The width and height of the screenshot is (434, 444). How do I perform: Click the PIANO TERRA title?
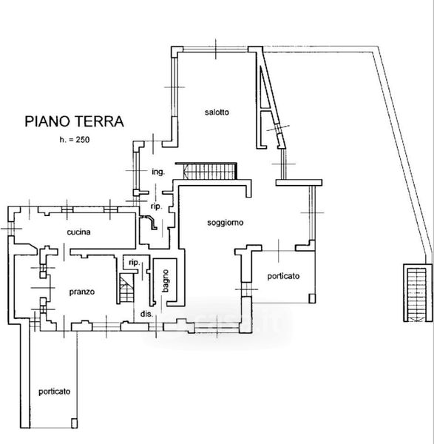(x=74, y=121)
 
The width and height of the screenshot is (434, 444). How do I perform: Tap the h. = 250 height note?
(x=75, y=140)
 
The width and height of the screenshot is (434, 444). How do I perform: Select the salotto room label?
(x=217, y=112)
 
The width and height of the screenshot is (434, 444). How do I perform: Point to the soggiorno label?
(x=226, y=223)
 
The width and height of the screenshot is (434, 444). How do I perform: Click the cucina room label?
(x=78, y=232)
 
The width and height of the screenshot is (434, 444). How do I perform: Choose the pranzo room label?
(x=82, y=292)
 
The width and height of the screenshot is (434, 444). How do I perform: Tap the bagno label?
(x=166, y=281)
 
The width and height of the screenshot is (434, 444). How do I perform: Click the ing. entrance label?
(x=158, y=172)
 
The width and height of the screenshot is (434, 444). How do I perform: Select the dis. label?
(x=146, y=314)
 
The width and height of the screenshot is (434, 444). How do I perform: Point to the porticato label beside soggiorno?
(x=283, y=276)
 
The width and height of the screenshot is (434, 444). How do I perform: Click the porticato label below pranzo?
(x=54, y=391)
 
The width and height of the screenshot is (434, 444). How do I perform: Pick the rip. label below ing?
(x=157, y=206)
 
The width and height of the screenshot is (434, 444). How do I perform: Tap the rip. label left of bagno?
(x=135, y=263)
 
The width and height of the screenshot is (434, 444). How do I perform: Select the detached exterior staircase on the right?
(x=417, y=293)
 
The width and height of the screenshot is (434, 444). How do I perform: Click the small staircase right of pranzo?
(x=126, y=289)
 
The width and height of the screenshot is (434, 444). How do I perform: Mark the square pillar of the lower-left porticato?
(x=74, y=423)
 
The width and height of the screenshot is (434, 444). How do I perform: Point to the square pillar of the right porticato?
(x=312, y=298)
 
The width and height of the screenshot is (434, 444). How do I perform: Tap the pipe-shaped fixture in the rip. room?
(x=150, y=222)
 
